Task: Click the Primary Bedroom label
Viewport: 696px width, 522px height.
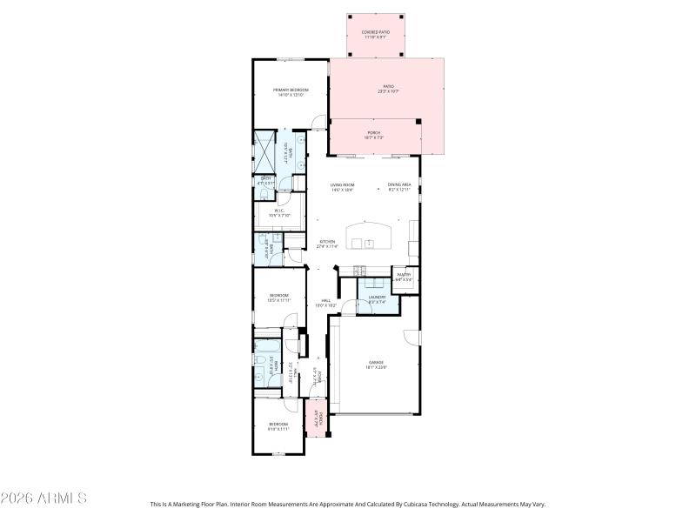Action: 291,90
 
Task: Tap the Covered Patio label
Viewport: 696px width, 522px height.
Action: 376,32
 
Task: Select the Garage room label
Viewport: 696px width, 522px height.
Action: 375,363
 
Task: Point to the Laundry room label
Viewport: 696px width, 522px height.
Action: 377,298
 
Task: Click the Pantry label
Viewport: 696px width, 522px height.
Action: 404,275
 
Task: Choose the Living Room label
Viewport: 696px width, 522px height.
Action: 342,185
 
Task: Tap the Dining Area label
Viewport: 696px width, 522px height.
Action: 400,185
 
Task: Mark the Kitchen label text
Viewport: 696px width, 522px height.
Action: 327,242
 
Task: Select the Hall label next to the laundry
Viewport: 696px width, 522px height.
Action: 325,301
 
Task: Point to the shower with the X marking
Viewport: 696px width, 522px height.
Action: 264,153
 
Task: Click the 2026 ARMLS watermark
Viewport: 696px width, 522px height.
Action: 43,499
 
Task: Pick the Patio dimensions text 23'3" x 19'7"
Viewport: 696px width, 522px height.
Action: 389,90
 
